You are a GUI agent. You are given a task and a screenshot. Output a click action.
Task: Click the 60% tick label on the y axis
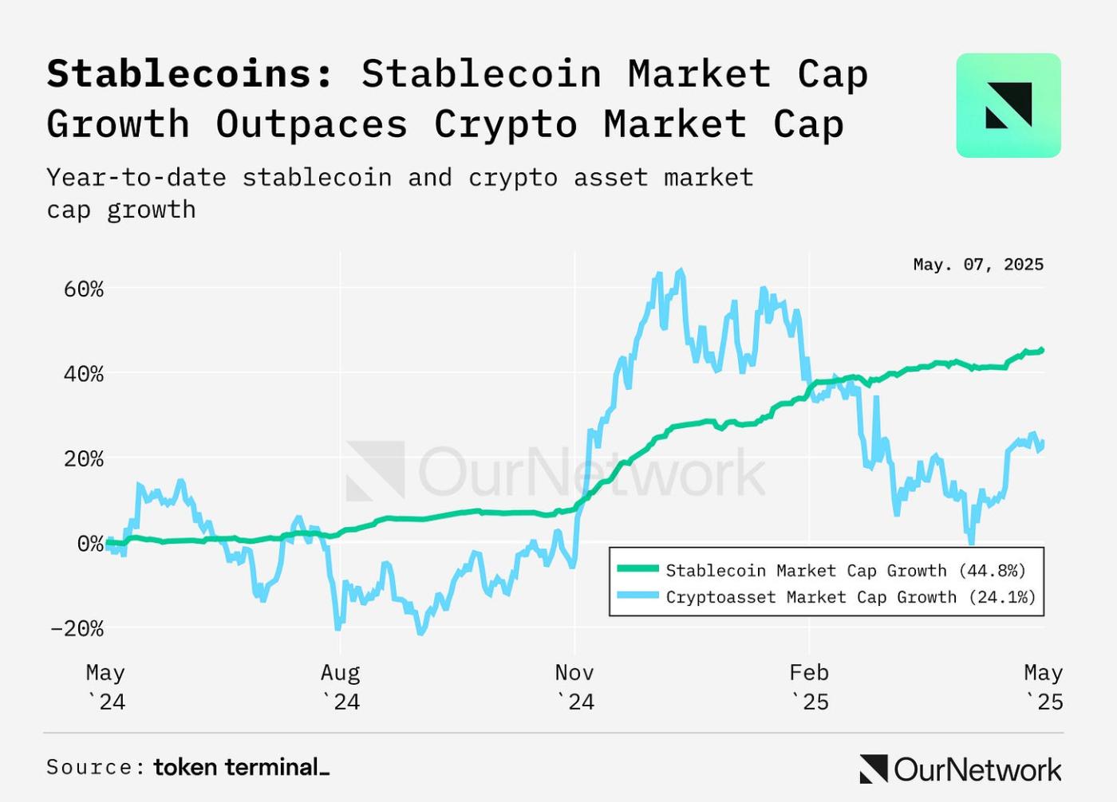[84, 289]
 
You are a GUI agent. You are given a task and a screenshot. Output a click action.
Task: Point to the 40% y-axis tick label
[84, 374]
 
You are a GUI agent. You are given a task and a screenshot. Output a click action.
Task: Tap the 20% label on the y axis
[84, 459]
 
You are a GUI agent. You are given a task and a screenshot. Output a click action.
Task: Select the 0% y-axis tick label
[90, 544]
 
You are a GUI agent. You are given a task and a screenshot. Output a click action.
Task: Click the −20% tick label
[77, 629]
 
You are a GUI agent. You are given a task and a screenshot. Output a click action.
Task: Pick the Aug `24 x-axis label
[341, 687]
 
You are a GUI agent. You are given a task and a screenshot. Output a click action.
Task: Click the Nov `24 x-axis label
[574, 687]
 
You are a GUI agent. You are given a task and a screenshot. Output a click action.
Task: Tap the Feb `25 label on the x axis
[809, 687]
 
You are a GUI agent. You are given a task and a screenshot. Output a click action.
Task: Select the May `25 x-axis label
[1044, 687]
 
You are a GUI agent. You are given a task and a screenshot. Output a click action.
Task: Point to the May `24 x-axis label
[105, 687]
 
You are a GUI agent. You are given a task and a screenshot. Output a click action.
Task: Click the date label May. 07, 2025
[978, 265]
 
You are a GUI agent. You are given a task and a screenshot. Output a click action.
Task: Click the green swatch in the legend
[637, 569]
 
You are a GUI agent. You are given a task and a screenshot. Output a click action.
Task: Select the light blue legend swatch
[637, 596]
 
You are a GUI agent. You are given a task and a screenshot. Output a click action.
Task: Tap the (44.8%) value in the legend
[992, 571]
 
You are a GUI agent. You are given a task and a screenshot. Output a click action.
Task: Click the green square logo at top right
[1008, 105]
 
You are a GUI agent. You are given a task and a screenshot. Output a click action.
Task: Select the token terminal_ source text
[241, 767]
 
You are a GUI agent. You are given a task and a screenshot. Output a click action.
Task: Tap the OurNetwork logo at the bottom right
[961, 769]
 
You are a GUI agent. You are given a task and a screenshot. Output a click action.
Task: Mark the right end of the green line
[1042, 350]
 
